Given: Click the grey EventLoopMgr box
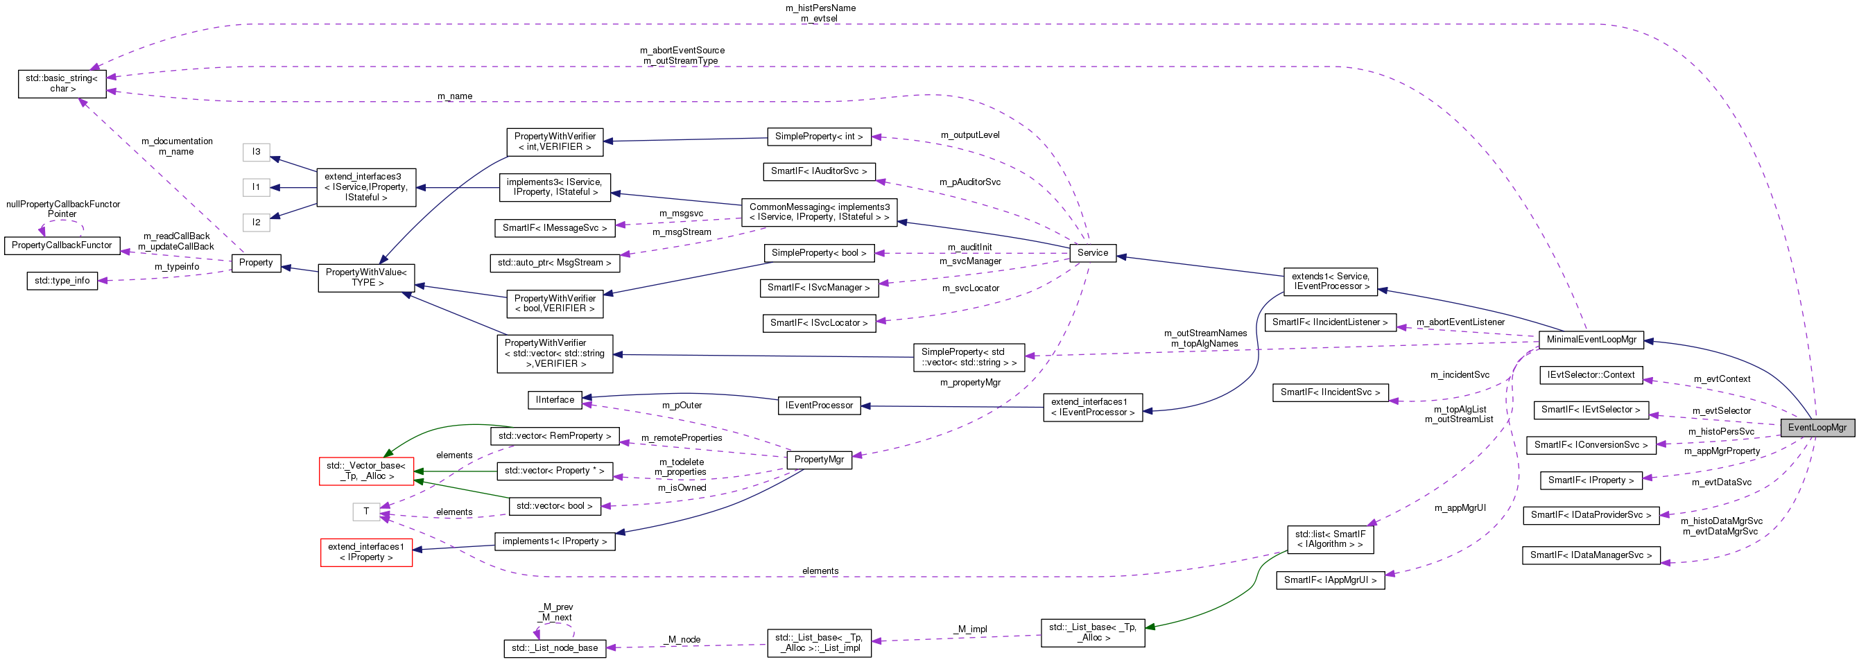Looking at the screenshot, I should point(1817,427).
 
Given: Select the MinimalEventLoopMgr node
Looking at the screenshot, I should point(1591,339).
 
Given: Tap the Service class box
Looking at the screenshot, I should point(1092,252).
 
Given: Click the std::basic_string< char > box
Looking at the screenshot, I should point(62,83).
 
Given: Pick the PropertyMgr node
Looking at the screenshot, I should point(818,459).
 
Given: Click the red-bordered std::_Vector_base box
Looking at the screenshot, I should point(366,471).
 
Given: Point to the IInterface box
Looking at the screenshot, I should point(554,399).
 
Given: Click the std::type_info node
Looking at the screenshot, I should point(62,280).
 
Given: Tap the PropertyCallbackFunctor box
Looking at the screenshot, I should point(62,245).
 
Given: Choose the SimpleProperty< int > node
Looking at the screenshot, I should point(818,136).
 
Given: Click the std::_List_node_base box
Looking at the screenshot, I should point(554,647).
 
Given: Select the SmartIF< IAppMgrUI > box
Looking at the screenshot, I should point(1330,580).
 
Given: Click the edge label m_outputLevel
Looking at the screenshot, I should point(970,135).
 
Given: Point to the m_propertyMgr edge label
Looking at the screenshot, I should point(970,382).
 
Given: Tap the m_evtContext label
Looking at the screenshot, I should point(1722,378).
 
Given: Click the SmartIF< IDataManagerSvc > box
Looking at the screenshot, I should point(1591,555).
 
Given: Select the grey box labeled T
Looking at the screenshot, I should point(366,512).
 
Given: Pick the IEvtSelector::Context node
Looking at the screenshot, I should point(1591,375).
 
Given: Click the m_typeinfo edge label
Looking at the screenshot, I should point(177,267).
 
